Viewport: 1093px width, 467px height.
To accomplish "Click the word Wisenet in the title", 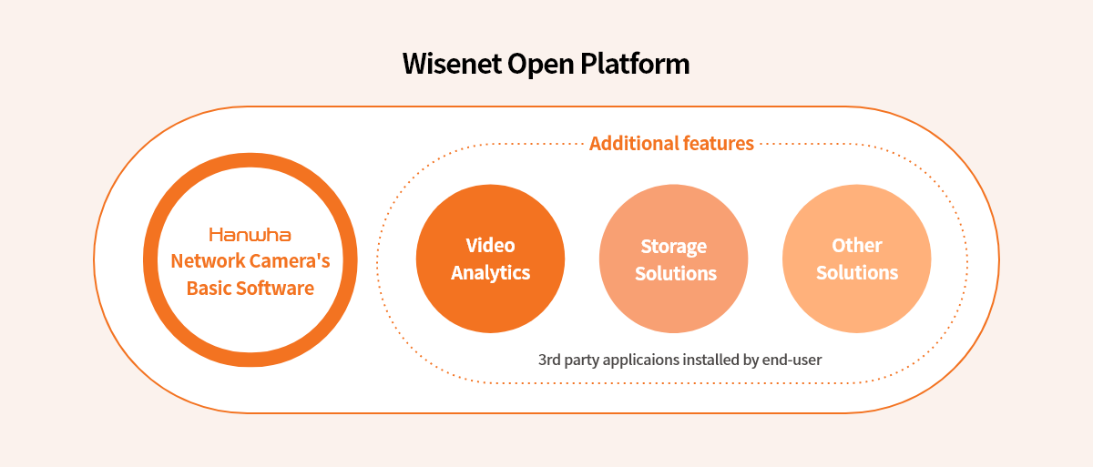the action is click(452, 64).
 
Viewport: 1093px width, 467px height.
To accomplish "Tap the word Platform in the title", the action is click(635, 64).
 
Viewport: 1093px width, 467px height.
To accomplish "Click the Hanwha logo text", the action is click(250, 235).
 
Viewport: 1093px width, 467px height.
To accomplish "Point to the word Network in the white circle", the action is click(209, 260).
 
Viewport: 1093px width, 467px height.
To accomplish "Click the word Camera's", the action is click(291, 260).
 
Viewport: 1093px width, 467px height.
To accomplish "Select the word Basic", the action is click(209, 288).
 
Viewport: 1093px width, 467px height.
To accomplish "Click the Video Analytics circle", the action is click(490, 259).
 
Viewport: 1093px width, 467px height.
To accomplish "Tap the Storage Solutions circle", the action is click(673, 259).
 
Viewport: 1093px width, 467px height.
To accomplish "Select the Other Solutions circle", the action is click(857, 259).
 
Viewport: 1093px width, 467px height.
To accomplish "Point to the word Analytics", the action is click(490, 273).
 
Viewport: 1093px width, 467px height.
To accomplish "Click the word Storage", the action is click(673, 247).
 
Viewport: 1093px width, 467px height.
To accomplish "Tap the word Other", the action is click(857, 245).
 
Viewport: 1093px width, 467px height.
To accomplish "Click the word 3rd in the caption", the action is click(549, 360).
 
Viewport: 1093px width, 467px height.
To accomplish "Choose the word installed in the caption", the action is click(710, 360).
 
